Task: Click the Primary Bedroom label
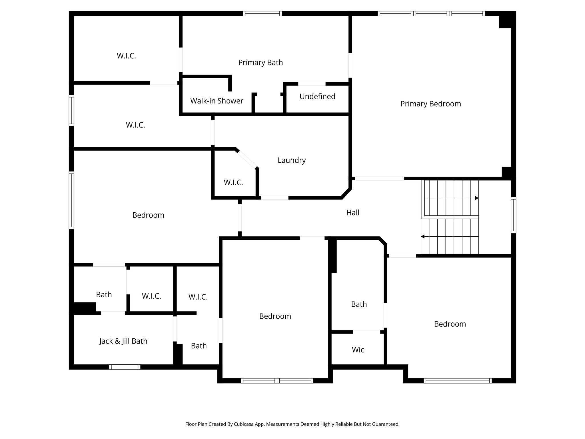(x=430, y=104)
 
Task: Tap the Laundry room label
(x=292, y=160)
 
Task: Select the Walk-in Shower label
(x=217, y=101)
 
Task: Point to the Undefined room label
(x=317, y=97)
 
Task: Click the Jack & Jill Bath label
(x=123, y=341)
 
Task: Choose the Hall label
(x=353, y=213)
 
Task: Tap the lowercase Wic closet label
(x=358, y=350)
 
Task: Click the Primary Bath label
(x=261, y=63)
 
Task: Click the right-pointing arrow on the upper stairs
(x=476, y=198)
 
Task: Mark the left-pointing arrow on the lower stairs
(x=423, y=237)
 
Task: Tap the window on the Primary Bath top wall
(x=262, y=13)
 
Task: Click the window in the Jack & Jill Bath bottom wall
(x=125, y=367)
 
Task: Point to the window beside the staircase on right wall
(x=513, y=215)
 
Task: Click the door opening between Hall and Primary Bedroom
(x=380, y=179)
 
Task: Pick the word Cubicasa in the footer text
(x=245, y=424)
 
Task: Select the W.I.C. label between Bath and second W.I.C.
(x=151, y=296)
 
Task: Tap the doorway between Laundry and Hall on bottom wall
(x=275, y=198)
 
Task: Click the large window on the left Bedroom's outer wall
(x=71, y=200)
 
